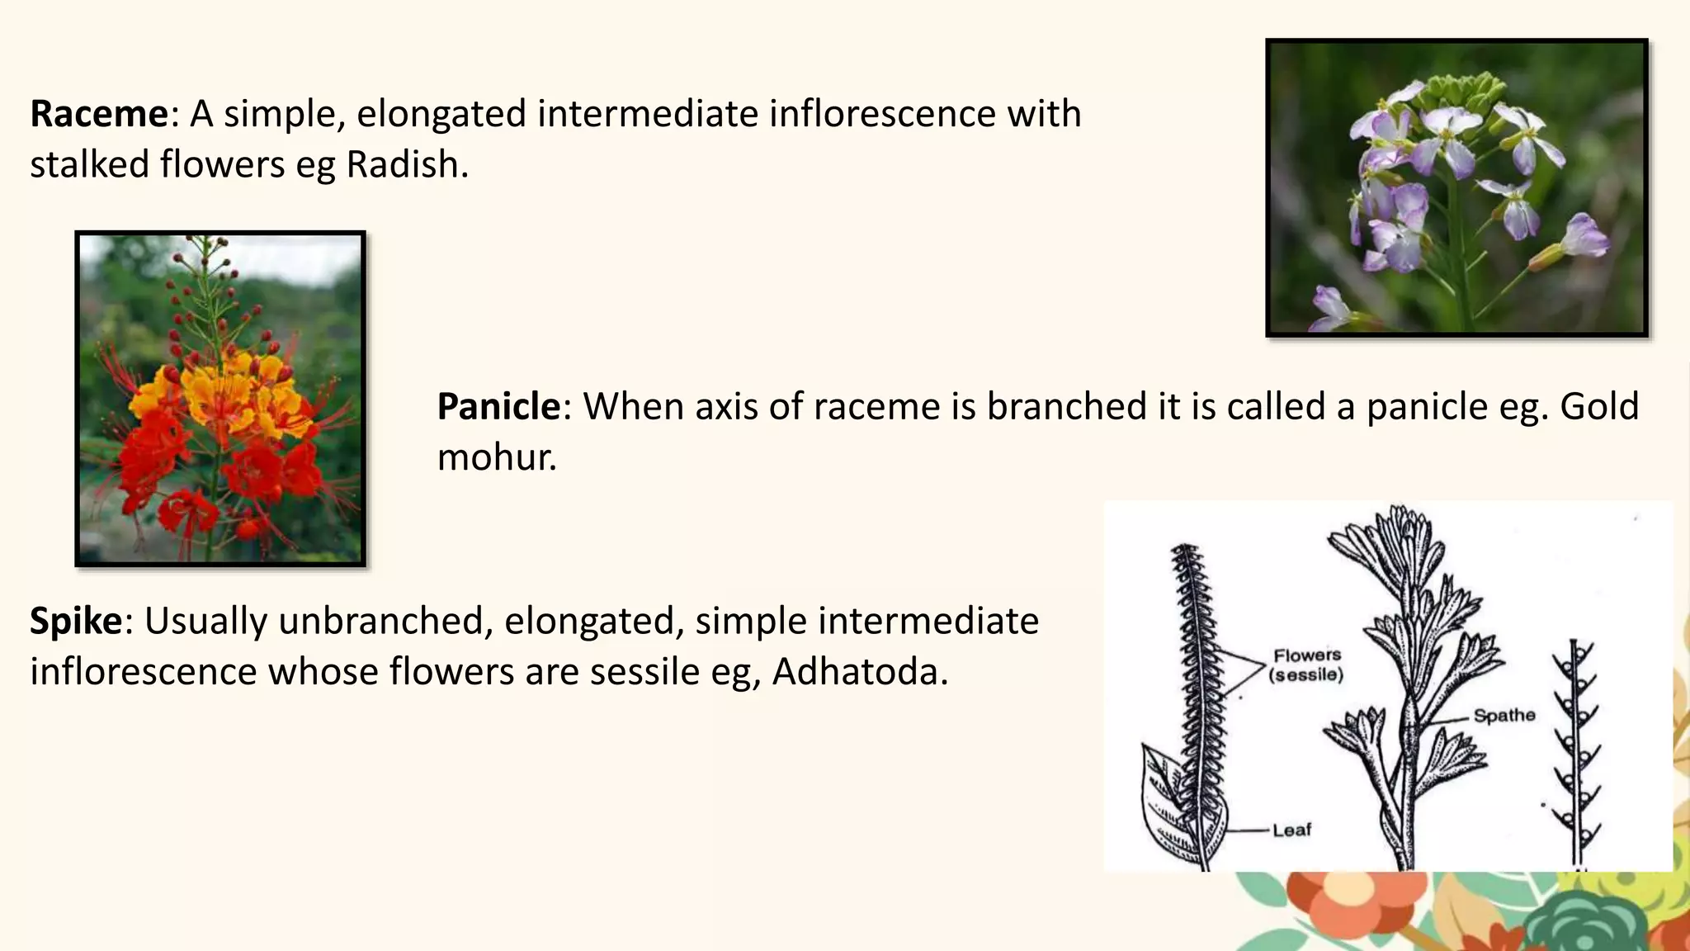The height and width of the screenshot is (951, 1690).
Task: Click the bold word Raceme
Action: [x=98, y=114]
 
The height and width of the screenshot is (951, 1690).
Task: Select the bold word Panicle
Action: [x=498, y=407]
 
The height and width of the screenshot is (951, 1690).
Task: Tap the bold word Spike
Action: [x=76, y=621]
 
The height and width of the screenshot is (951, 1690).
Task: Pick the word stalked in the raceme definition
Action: [x=89, y=165]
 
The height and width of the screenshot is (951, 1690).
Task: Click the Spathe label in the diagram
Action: [x=1504, y=716]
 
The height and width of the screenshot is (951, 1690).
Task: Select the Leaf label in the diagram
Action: [x=1291, y=830]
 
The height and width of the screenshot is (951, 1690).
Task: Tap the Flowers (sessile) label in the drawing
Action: [x=1307, y=665]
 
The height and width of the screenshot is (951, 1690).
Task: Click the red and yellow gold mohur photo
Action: [x=220, y=399]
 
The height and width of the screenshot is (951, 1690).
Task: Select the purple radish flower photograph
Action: [x=1456, y=188]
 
